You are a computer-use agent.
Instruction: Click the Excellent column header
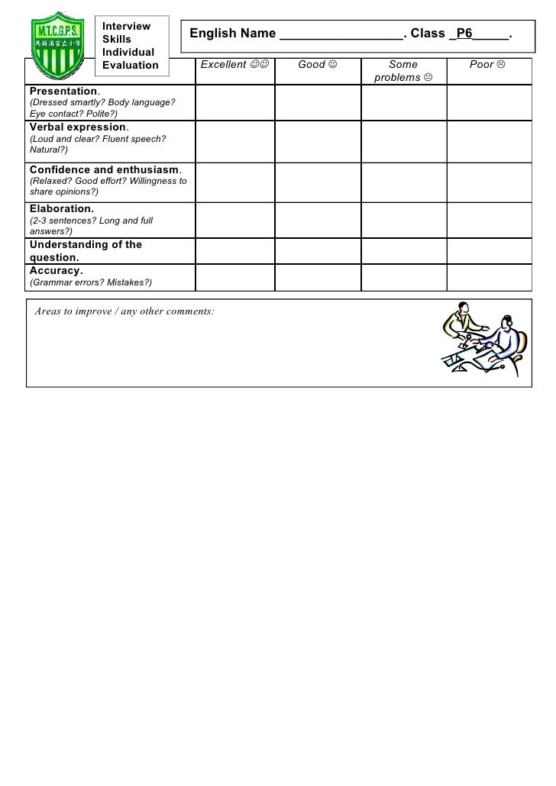(x=234, y=65)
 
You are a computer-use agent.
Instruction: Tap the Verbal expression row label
(x=77, y=127)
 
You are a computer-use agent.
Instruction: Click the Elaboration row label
(x=62, y=208)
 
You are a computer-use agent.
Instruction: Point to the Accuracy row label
(x=57, y=270)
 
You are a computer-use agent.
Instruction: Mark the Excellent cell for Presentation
(x=234, y=101)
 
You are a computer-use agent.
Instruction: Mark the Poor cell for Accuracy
(x=489, y=276)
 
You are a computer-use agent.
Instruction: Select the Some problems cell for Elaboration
(x=403, y=220)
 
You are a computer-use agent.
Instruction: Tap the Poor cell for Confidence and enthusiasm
(x=489, y=181)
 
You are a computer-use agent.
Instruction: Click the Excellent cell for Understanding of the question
(x=234, y=251)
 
